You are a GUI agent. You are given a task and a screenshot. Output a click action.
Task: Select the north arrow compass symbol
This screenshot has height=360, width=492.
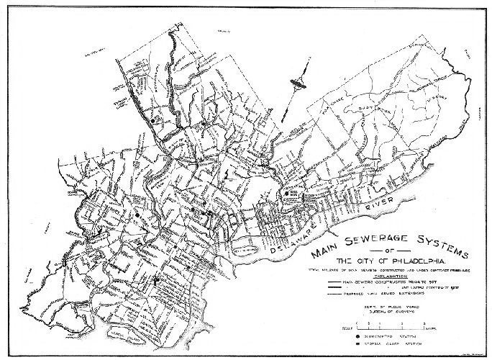[296, 85]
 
